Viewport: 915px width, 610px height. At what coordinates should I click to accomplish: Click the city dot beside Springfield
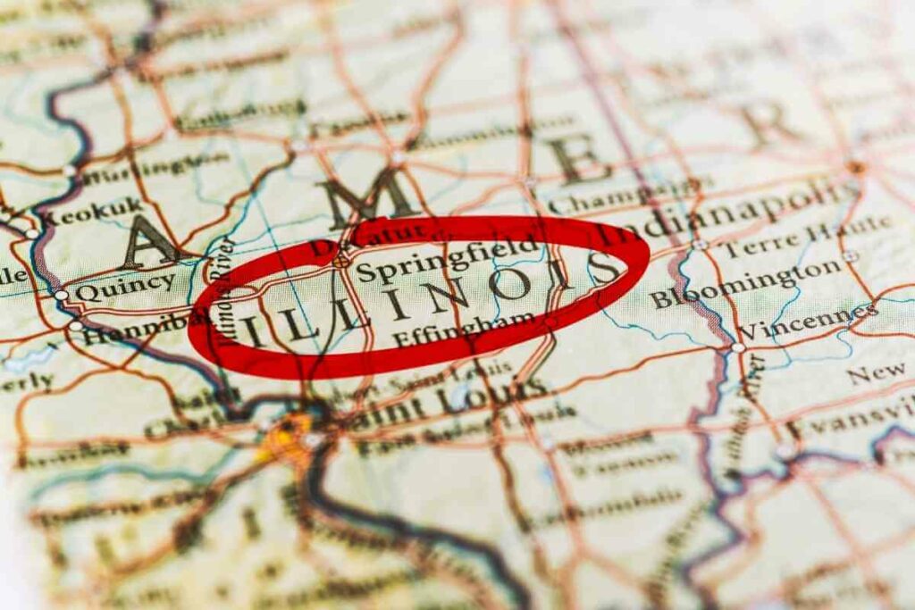[x=340, y=262]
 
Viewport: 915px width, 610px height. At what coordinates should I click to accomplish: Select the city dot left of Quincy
[x=61, y=295]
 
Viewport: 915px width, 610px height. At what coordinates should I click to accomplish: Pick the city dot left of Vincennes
[x=738, y=347]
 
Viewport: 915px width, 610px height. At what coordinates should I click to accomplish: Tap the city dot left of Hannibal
[x=75, y=326]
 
